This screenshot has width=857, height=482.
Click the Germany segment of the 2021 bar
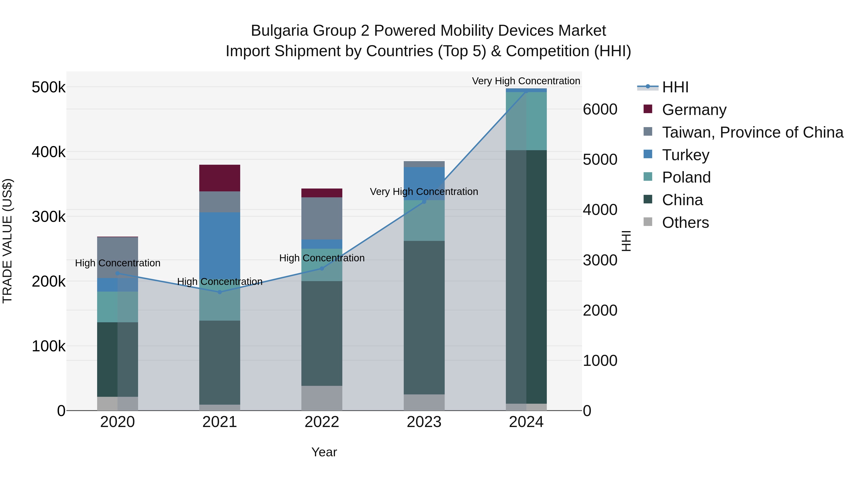219,178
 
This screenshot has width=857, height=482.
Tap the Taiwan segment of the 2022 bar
322,218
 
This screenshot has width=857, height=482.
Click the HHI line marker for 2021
219,292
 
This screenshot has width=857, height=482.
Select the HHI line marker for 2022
322,268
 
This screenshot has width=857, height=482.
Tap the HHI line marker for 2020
117,273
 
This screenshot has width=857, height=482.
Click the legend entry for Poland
686,177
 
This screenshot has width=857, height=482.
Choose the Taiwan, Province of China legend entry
752,132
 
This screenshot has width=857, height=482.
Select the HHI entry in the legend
675,87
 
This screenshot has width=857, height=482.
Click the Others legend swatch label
685,223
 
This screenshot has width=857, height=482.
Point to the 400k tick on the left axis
49,152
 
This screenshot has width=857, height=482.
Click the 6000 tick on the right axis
600,109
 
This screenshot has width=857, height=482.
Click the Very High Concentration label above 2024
526,81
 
